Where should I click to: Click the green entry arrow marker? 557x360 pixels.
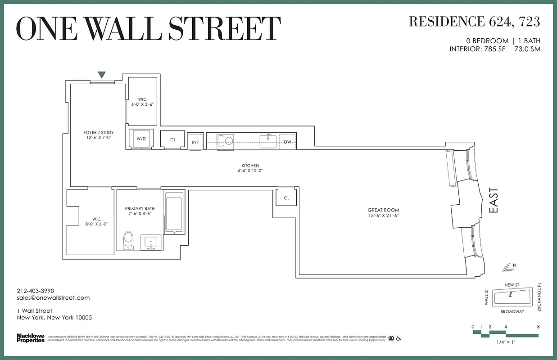tap(102, 75)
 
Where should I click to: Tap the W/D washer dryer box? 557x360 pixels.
tap(141, 139)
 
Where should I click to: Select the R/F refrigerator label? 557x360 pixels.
tap(195, 142)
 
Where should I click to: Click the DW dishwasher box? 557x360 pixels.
tap(288, 142)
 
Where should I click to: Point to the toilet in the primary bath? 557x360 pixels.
tap(129, 240)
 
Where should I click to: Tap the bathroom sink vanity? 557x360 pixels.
tap(151, 242)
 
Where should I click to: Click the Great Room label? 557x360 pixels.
tap(383, 210)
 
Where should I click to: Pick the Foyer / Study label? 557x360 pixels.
tap(98, 132)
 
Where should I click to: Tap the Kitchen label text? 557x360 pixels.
tap(250, 166)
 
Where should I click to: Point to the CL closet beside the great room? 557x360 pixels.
tap(286, 198)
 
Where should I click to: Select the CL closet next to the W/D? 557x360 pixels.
tap(173, 139)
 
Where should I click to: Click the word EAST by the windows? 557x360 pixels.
tap(494, 201)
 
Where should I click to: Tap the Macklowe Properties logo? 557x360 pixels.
tap(30, 337)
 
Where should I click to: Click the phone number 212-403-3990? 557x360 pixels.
tap(35, 291)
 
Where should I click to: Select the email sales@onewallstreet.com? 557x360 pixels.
tap(53, 297)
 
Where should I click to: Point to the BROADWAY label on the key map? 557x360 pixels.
tap(512, 311)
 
